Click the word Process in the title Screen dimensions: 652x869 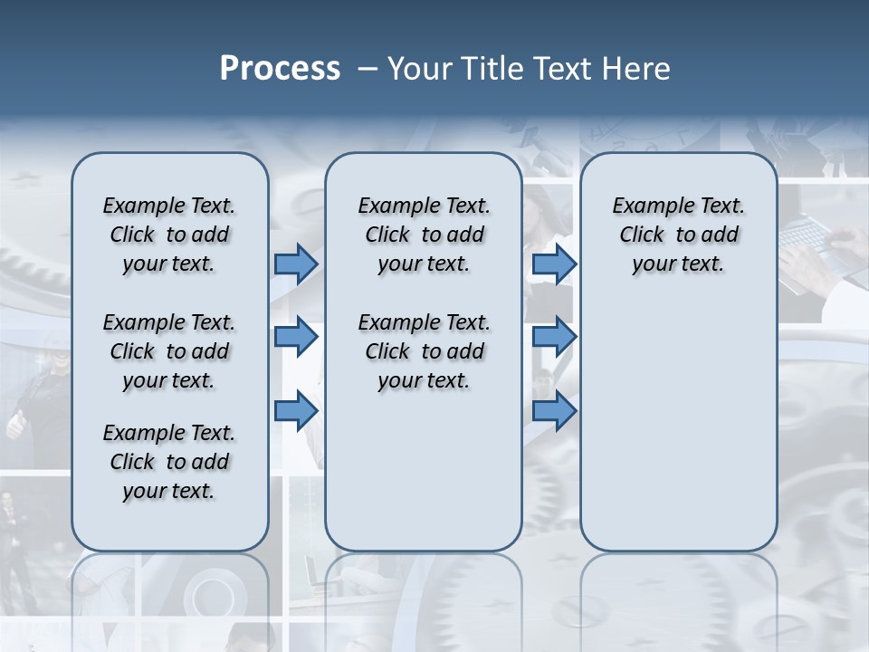pyautogui.click(x=280, y=69)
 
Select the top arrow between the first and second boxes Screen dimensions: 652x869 pyautogui.click(x=296, y=264)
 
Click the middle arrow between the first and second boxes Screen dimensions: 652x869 pyautogui.click(x=296, y=337)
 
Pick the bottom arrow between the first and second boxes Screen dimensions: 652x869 pyautogui.click(x=296, y=410)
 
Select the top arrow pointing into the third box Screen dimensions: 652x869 pyautogui.click(x=554, y=264)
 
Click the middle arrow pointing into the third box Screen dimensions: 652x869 pyautogui.click(x=554, y=337)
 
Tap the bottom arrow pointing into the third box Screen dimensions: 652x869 pyautogui.click(x=554, y=410)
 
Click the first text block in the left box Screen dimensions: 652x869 pyautogui.click(x=169, y=235)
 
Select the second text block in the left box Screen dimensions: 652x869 pyautogui.click(x=169, y=351)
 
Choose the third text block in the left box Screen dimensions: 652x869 pyautogui.click(x=169, y=462)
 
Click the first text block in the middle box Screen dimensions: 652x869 pyautogui.click(x=424, y=235)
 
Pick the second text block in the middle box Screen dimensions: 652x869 pyautogui.click(x=424, y=351)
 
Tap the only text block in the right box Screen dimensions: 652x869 pyautogui.click(x=679, y=235)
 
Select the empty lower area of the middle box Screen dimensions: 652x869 pyautogui.click(x=424, y=471)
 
